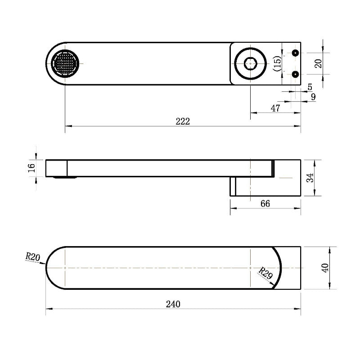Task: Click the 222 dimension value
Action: click(183, 121)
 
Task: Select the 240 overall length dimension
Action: click(173, 304)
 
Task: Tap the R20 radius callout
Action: click(32, 257)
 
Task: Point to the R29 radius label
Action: click(265, 273)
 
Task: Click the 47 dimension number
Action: click(275, 108)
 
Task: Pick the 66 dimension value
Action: click(265, 203)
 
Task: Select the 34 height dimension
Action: click(310, 178)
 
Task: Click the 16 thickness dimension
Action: click(31, 168)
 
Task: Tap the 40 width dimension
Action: click(325, 268)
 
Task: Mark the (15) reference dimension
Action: click(277, 63)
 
